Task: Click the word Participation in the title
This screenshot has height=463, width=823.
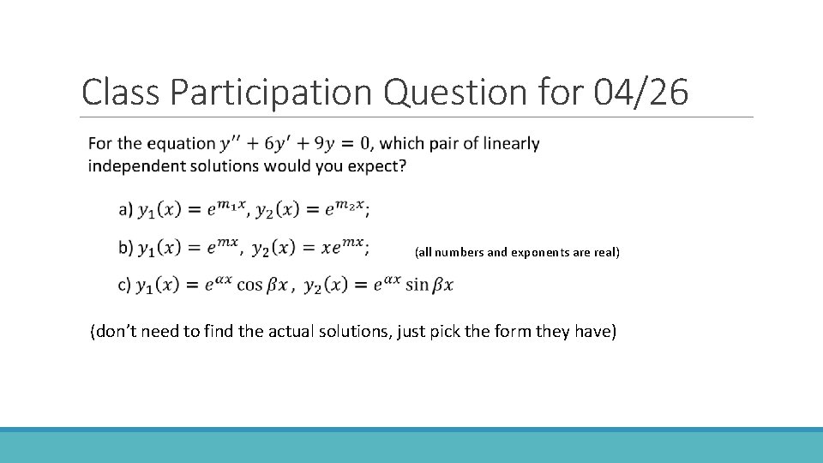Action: (x=272, y=92)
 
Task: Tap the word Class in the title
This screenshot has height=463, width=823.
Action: (x=121, y=92)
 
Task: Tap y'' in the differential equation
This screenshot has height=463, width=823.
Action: (x=233, y=144)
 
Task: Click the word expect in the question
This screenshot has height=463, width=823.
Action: (x=380, y=165)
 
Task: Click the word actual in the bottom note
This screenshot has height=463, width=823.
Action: (x=312, y=332)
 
